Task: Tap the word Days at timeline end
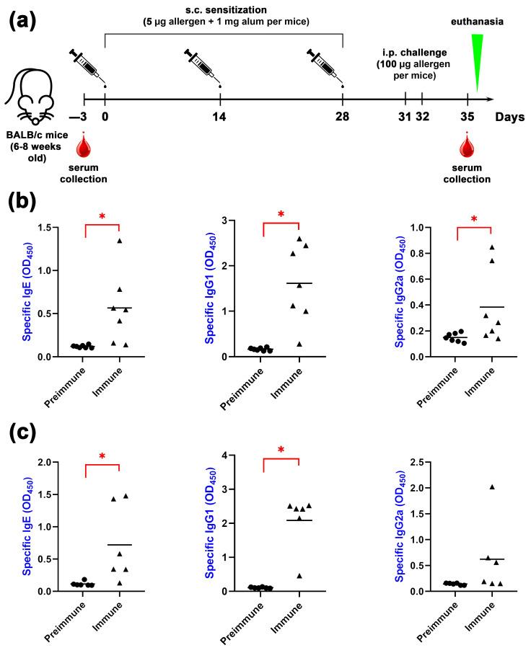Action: [x=510, y=117]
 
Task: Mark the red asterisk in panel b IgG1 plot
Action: [x=281, y=215]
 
